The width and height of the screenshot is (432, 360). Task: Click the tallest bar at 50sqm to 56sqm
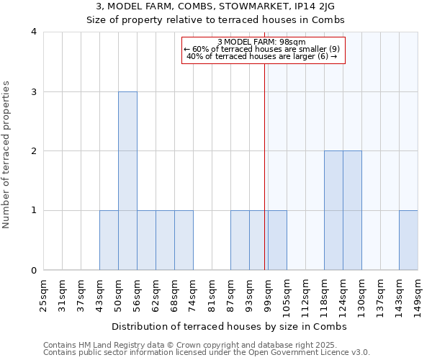pos(127,181)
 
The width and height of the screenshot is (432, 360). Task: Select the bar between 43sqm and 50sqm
pos(109,240)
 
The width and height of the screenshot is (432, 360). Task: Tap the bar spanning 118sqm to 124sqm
pos(333,210)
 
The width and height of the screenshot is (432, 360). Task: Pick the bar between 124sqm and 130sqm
pos(352,210)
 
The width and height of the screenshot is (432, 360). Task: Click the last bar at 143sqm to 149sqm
pos(408,240)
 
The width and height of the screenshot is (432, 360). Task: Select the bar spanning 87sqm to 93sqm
pos(240,240)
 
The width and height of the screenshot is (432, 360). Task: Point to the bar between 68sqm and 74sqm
pos(184,240)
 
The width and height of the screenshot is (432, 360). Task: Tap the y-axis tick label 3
pos(34,91)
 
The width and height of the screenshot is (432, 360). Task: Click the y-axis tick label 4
pos(34,32)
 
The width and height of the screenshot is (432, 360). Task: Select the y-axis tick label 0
pos(34,271)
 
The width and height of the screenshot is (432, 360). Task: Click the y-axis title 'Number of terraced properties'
pos(6,155)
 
